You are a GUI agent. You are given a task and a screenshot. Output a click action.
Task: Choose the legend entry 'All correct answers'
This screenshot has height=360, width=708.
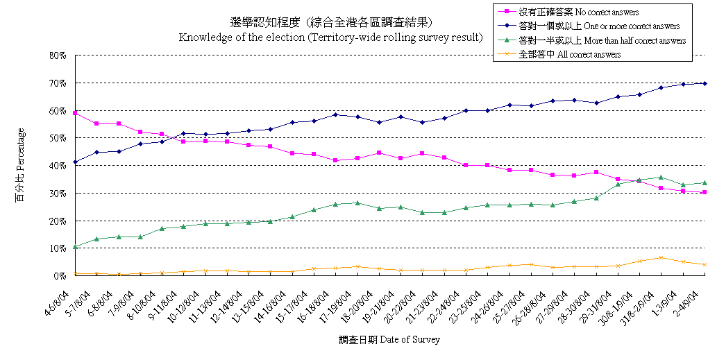pos(569,54)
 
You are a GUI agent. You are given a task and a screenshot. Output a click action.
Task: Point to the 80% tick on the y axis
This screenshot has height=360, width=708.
pos(58,55)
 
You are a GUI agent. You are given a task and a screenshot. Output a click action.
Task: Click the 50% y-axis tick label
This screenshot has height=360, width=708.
pos(58,138)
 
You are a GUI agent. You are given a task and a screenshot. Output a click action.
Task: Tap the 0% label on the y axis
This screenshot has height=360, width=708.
pos(60,276)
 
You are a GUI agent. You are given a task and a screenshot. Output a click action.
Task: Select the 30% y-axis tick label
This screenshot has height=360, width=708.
pos(58,193)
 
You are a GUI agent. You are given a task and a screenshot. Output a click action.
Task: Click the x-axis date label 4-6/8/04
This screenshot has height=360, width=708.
pos(60,301)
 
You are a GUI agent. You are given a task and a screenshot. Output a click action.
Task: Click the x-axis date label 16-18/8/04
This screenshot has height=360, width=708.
pos(321,302)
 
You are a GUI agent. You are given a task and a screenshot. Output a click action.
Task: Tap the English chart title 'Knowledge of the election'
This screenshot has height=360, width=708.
pos(330,37)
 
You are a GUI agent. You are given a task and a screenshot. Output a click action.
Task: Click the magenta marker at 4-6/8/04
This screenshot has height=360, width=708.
pos(74,112)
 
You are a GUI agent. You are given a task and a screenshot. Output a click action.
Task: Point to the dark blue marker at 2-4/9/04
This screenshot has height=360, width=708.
pos(705,83)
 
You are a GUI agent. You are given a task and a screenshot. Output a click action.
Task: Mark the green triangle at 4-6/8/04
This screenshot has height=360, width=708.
pos(74,246)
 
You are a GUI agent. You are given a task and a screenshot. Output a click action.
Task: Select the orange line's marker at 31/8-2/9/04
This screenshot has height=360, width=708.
pos(661,258)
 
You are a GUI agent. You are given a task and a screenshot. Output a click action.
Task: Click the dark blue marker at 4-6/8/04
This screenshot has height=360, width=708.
pos(74,162)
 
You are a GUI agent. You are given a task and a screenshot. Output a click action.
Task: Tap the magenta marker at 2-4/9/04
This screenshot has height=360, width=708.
pos(705,192)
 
